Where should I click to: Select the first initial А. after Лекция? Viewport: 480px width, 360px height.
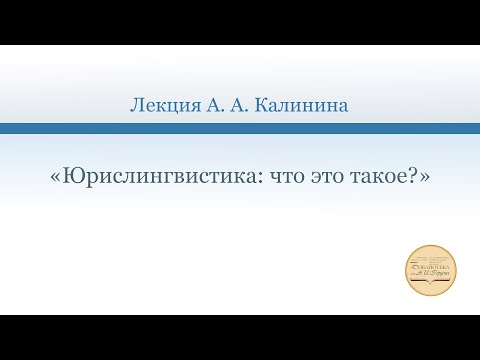[x=213, y=104]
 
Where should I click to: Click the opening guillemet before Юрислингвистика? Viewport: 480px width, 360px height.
[x=54, y=175]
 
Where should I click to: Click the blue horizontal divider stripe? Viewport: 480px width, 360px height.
[x=240, y=128]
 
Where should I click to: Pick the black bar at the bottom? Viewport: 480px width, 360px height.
[x=240, y=337]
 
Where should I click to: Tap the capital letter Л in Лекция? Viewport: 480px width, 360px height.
[x=137, y=104]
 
